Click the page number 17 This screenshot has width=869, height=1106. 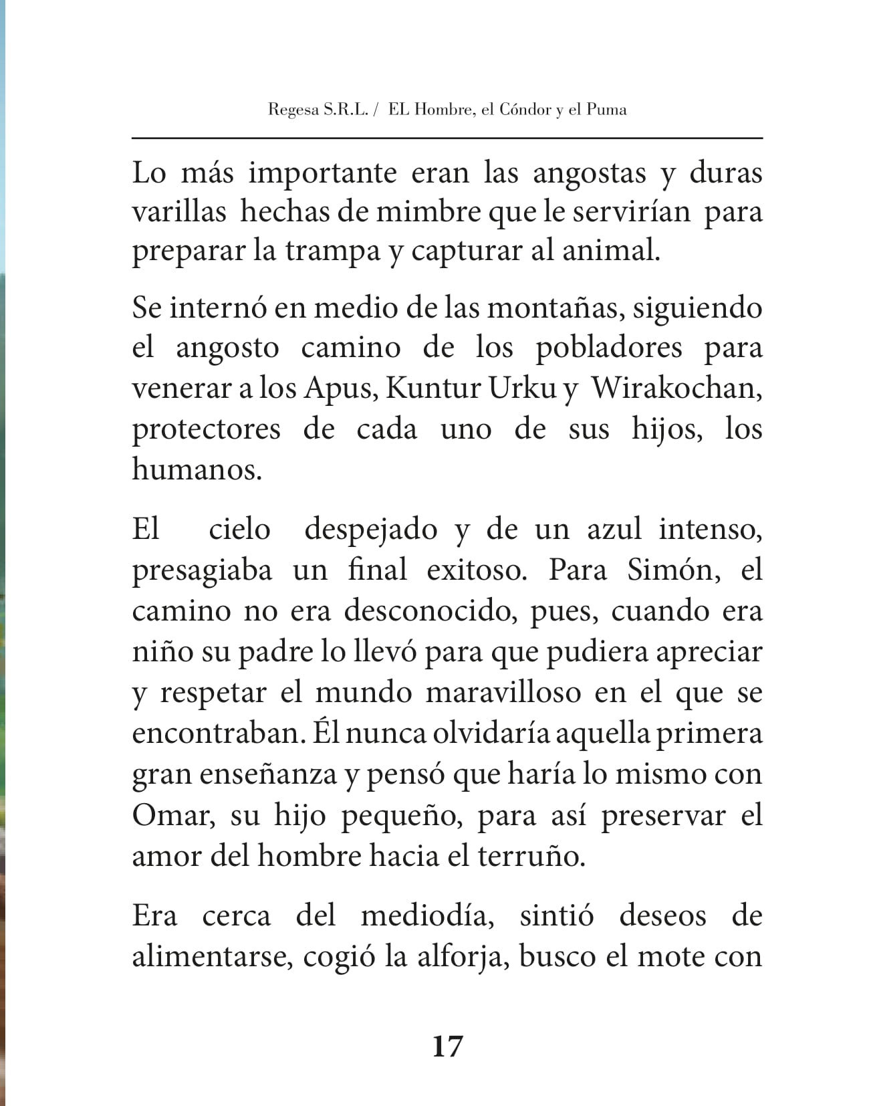(x=447, y=1046)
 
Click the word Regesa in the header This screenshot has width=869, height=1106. (x=293, y=110)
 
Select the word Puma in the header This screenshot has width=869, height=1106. (x=606, y=109)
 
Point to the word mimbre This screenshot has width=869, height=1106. (x=430, y=212)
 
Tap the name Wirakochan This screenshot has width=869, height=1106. (x=676, y=389)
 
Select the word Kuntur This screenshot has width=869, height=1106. (x=434, y=389)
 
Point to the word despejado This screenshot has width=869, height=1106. (x=371, y=530)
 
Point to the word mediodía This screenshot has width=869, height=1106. (x=428, y=915)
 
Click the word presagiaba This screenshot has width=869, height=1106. (x=202, y=570)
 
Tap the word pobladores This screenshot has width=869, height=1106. (x=609, y=348)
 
